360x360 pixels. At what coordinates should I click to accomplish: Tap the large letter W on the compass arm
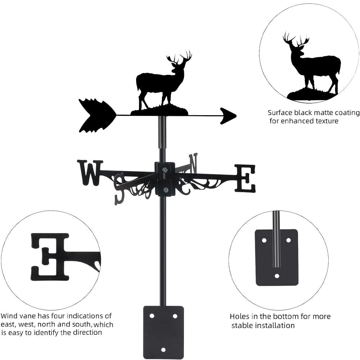pyautogui.click(x=90, y=172)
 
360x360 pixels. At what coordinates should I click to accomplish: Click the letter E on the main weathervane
pyautogui.click(x=245, y=178)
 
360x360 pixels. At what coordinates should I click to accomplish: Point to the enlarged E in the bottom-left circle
pyautogui.click(x=50, y=257)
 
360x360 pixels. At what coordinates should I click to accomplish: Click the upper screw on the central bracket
pyautogui.click(x=165, y=170)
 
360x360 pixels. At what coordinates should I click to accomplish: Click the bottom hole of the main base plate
pyautogui.click(x=163, y=350)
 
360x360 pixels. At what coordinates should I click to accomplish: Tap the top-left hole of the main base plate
pyautogui.click(x=152, y=316)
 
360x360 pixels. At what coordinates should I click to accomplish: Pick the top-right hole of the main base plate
pyautogui.click(x=175, y=316)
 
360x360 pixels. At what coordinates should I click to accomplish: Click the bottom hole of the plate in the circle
pyautogui.click(x=277, y=276)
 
